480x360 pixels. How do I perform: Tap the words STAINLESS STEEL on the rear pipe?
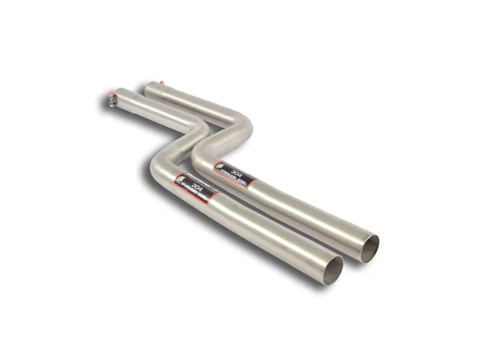[x=235, y=176]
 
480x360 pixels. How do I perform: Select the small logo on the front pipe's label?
[x=179, y=176]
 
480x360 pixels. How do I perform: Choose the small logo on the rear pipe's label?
[x=220, y=162]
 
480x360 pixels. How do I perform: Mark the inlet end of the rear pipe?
[x=149, y=88]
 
